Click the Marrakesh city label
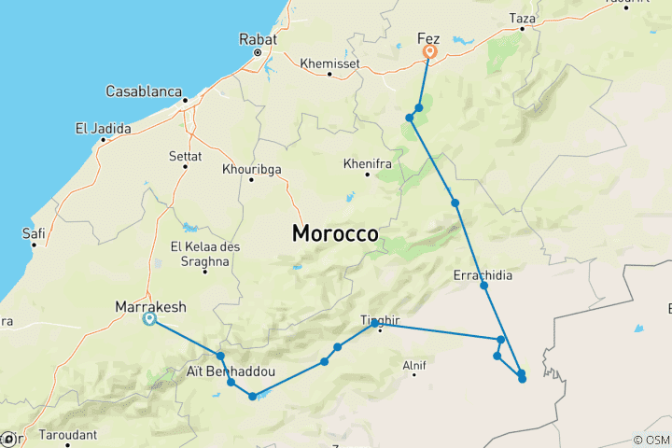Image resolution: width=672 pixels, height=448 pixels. [x=149, y=306]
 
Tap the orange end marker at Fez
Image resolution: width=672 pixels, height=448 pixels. [x=429, y=53]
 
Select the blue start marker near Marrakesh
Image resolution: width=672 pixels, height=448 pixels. [x=149, y=320]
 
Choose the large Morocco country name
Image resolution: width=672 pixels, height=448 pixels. [x=335, y=234]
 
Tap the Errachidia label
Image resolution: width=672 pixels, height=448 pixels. [x=483, y=275]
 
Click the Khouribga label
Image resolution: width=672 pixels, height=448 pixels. [x=252, y=169]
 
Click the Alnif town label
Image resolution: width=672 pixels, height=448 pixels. [x=413, y=365]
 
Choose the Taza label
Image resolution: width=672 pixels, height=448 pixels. [x=522, y=18]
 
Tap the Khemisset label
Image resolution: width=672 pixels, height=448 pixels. [x=330, y=64]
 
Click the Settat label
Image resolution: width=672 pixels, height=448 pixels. [x=186, y=156]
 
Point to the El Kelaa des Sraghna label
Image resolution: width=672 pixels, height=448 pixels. [x=201, y=253]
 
